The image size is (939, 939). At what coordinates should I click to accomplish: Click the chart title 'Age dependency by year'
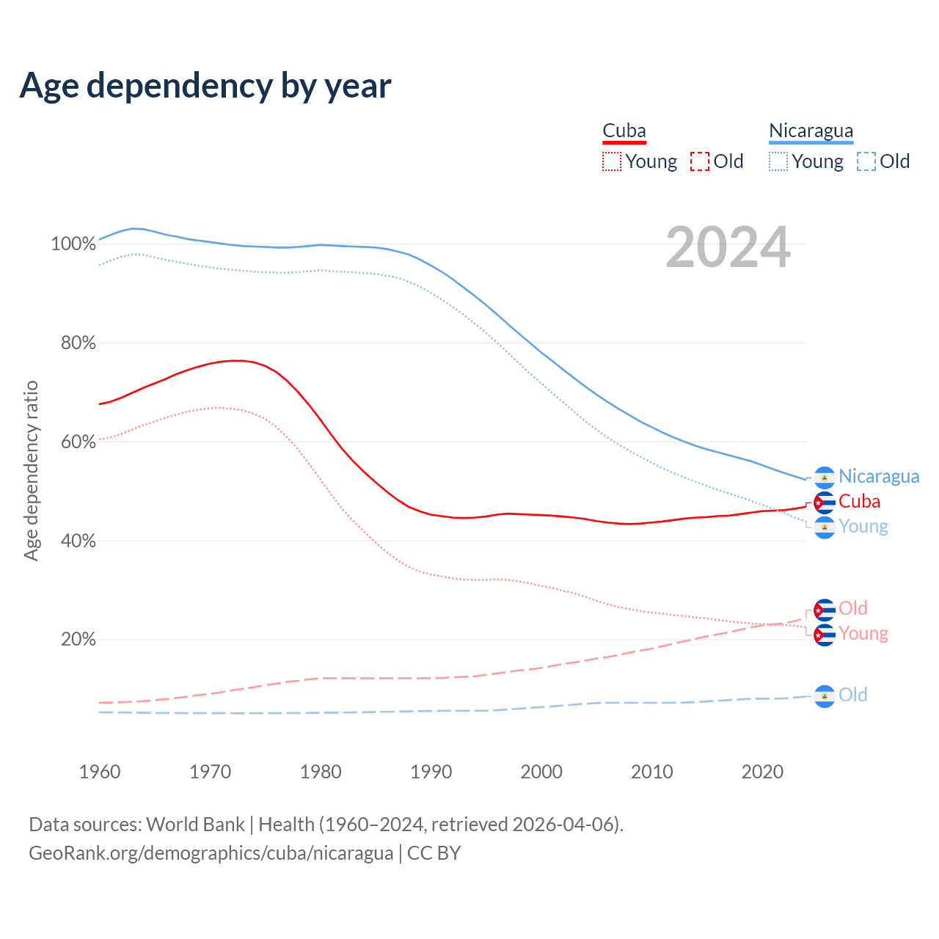tap(205, 85)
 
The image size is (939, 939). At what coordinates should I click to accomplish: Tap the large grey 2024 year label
tap(728, 248)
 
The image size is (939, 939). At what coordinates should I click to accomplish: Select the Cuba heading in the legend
tap(624, 131)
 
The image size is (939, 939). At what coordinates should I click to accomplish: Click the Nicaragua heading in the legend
tap(811, 131)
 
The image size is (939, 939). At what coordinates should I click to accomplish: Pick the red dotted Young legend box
tap(611, 161)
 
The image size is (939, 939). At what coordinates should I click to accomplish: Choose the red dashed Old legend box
tap(699, 161)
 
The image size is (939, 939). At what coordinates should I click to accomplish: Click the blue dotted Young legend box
tap(778, 161)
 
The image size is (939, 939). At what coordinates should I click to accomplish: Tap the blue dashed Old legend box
tap(866, 161)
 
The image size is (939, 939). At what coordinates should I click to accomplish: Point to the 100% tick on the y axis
tap(73, 244)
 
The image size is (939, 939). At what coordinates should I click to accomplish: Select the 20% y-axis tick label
tap(78, 640)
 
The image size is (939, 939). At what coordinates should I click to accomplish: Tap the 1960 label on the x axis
tap(100, 772)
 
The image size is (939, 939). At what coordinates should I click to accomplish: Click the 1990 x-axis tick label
tap(431, 772)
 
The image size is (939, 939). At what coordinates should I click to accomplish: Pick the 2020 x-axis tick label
tap(762, 772)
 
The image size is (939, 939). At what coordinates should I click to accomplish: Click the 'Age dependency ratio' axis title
tap(31, 470)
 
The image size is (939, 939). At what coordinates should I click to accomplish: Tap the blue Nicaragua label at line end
tap(879, 477)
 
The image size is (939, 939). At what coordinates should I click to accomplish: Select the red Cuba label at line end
tap(859, 502)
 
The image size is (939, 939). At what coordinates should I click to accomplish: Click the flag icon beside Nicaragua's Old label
tap(825, 696)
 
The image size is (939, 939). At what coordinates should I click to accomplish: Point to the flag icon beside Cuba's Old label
tap(825, 610)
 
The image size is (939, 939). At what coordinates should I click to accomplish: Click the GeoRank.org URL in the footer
tap(211, 853)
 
